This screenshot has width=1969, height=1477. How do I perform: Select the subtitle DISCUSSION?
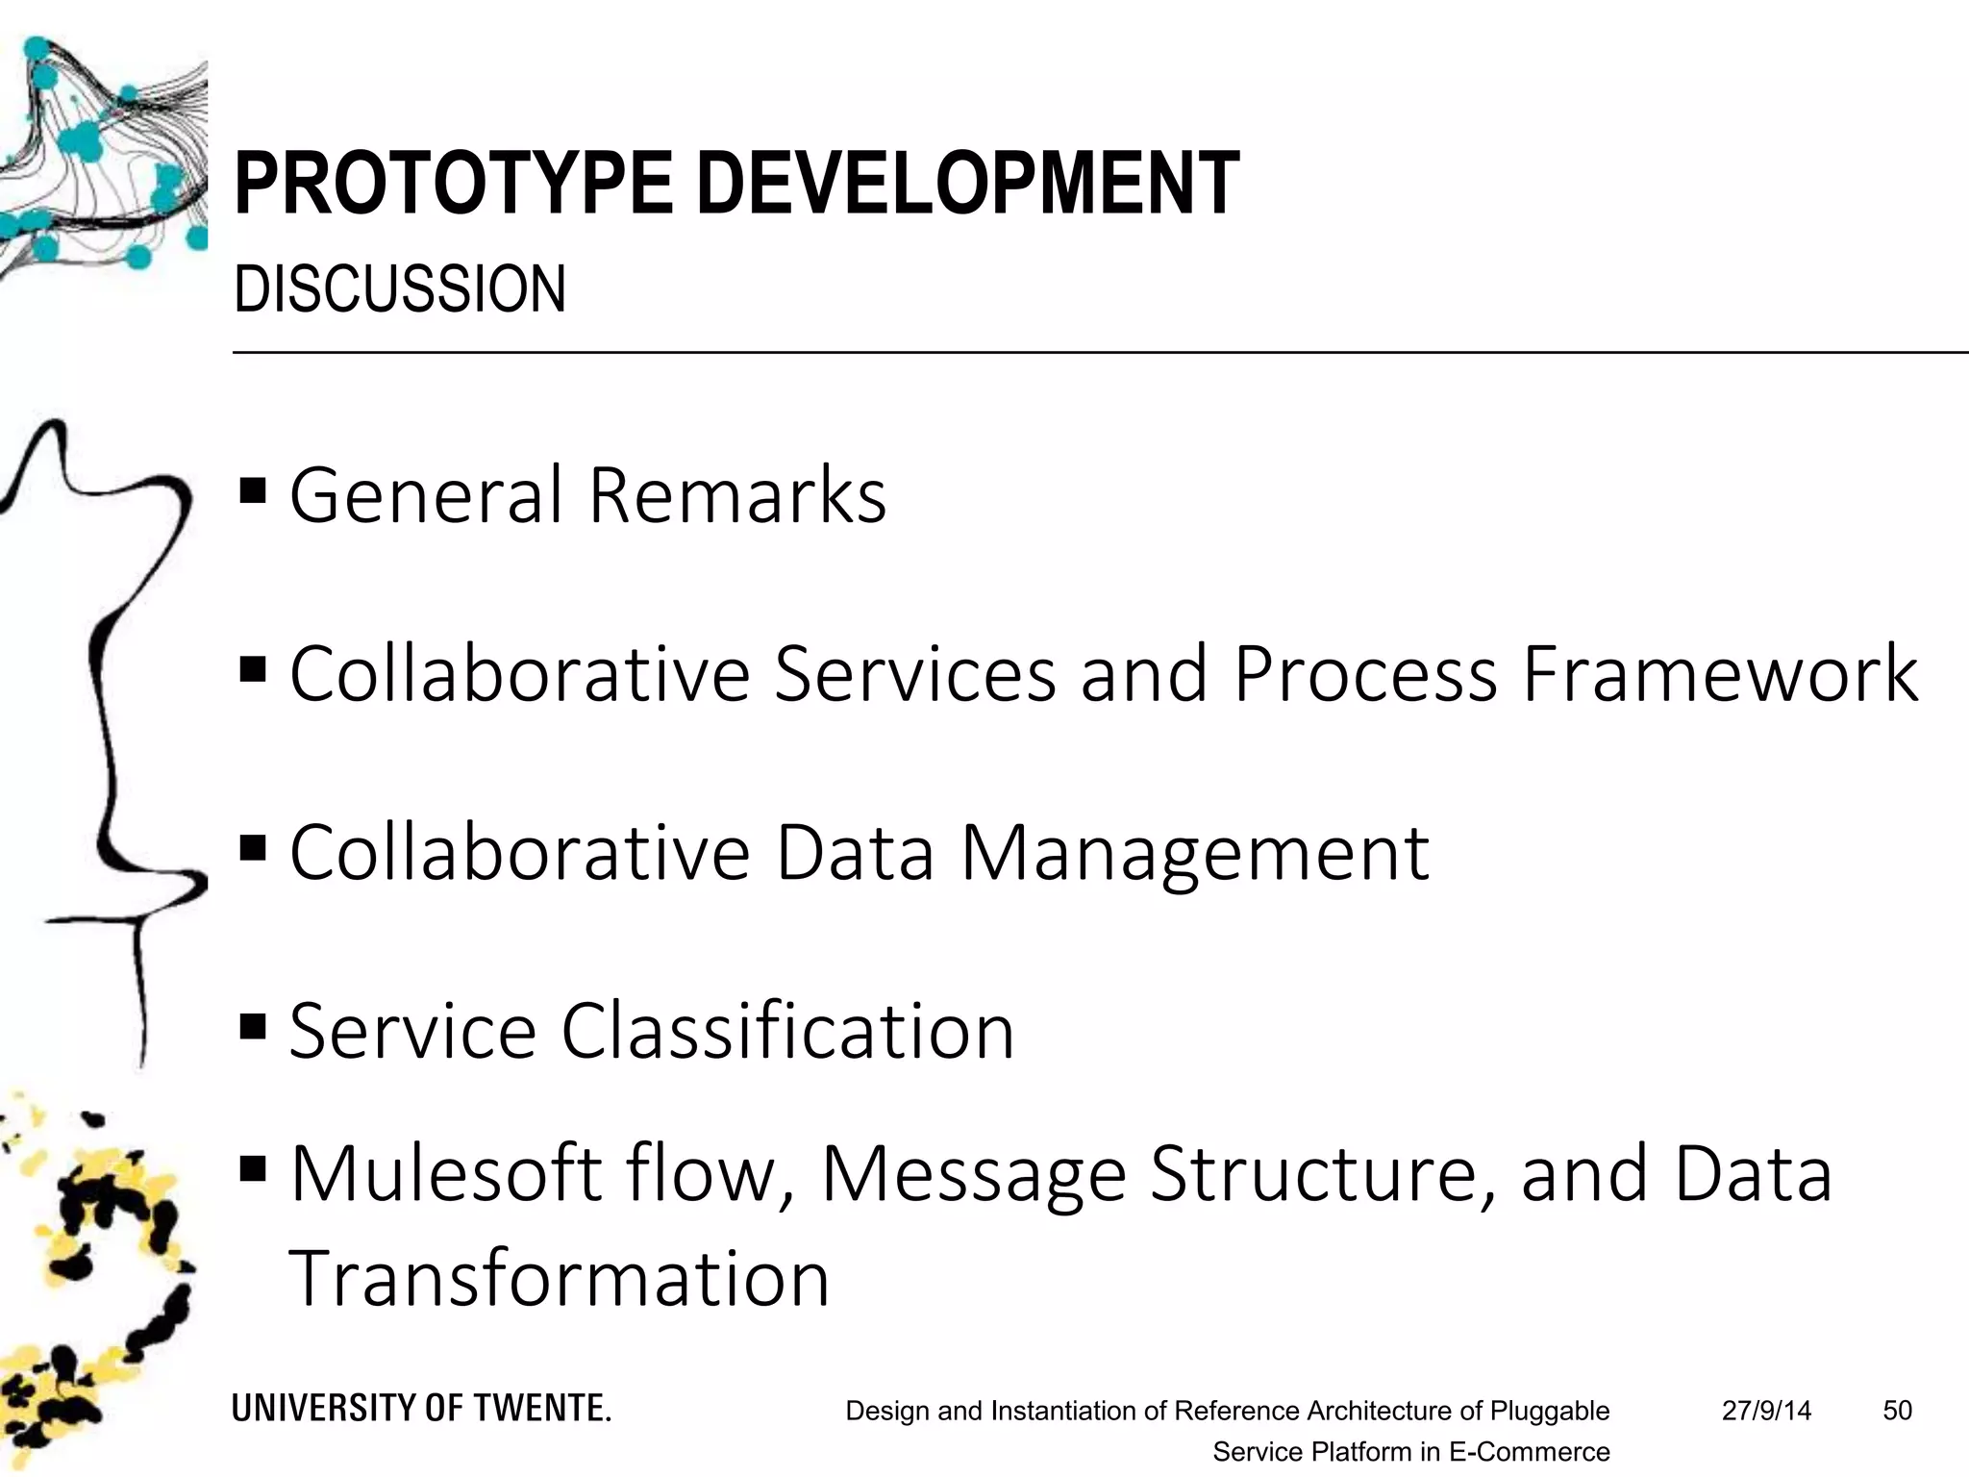pos(400,288)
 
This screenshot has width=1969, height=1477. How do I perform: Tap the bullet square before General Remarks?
pos(252,491)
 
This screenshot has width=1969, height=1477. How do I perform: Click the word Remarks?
pos(736,495)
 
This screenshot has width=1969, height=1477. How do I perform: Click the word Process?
pos(1365,673)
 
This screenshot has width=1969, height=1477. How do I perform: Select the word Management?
pos(1194,853)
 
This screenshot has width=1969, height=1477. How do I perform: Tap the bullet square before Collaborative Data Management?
pos(252,848)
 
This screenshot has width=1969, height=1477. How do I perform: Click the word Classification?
pos(787,1031)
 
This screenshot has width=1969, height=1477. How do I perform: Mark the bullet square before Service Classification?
pos(252,1027)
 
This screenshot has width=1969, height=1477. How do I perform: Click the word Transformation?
pos(559,1279)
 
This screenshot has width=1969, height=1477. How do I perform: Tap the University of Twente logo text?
pos(421,1409)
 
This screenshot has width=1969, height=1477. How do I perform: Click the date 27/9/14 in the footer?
pos(1766,1411)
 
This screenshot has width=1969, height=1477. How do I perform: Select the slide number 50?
pos(1897,1411)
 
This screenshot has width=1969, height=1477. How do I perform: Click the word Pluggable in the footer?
pos(1550,1412)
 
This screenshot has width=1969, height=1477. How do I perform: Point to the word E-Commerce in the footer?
pos(1529,1452)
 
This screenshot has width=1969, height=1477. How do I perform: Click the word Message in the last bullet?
pos(973,1175)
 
